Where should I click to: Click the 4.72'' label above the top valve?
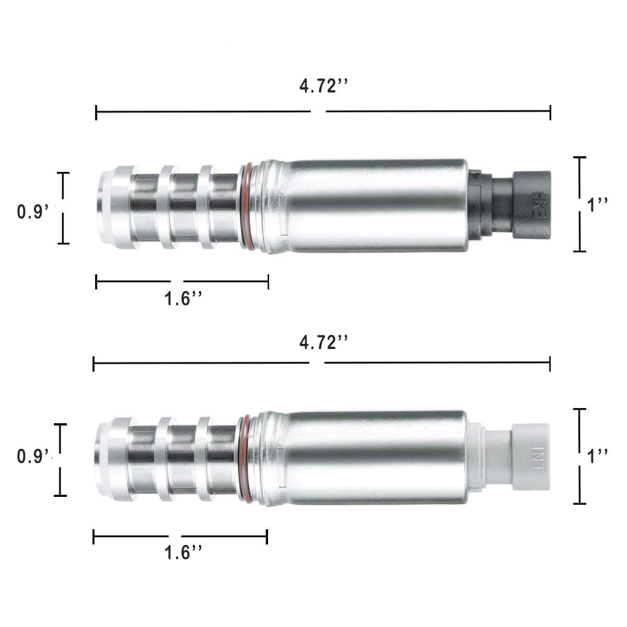tap(323, 87)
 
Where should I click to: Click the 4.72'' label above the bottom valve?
tap(323, 342)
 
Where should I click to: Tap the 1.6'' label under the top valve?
tap(183, 299)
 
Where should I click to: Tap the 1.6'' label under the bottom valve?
tap(183, 552)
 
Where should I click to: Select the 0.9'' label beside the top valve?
tap(36, 212)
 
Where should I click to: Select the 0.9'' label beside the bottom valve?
tap(36, 456)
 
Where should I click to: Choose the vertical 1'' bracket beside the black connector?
tap(579, 204)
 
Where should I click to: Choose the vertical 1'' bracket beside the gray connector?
tap(579, 456)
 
